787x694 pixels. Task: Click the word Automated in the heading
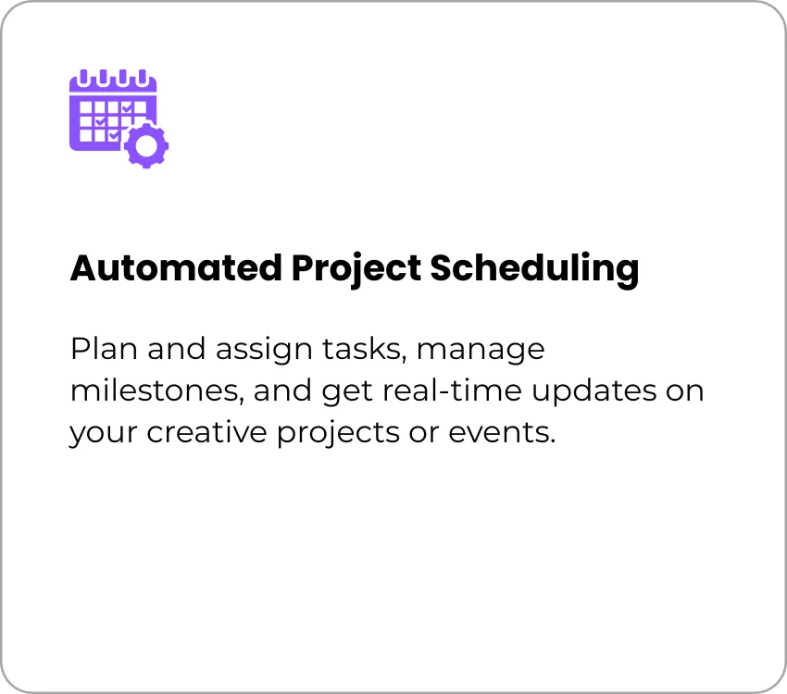coord(176,267)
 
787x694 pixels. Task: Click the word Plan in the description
coord(104,349)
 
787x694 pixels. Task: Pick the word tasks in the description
coord(363,349)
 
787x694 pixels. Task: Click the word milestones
coord(156,391)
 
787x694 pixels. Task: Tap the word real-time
coord(452,390)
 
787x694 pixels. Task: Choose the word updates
coord(593,392)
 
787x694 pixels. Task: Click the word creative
coord(206,432)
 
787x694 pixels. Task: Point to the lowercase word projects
coord(338,434)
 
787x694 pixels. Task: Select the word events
coord(502,433)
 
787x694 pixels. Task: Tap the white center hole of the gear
coord(146,146)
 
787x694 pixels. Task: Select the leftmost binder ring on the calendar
coord(84,78)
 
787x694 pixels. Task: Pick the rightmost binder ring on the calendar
coord(143,78)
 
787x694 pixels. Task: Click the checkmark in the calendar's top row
coord(128,108)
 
